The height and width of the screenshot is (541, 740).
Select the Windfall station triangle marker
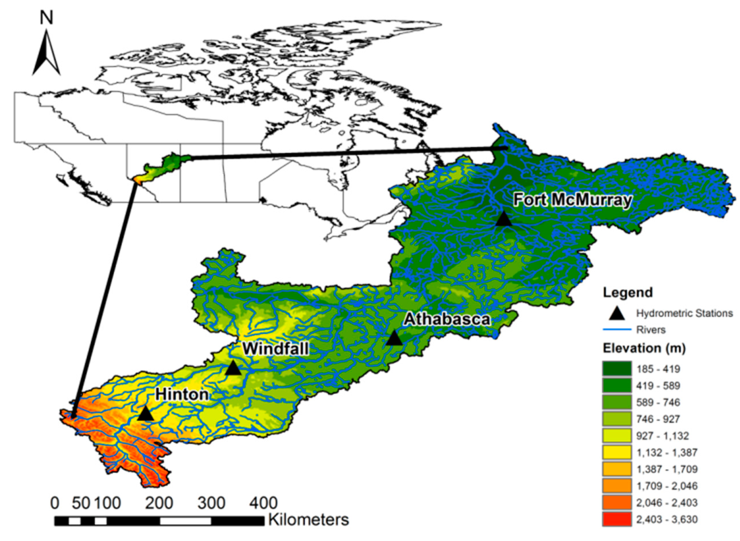pyautogui.click(x=233, y=368)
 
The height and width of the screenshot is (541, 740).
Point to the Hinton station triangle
pyautogui.click(x=145, y=414)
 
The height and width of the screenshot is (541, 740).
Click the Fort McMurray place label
pyautogui.click(x=572, y=200)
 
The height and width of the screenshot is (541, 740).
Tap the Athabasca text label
pyautogui.click(x=446, y=319)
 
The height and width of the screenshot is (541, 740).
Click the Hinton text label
pyautogui.click(x=181, y=394)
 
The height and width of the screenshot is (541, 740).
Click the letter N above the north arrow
pyautogui.click(x=46, y=19)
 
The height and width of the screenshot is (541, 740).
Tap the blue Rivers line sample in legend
pyautogui.click(x=617, y=330)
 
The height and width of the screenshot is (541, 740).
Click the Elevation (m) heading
pyautogui.click(x=644, y=348)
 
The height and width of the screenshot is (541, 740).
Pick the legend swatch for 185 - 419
pyautogui.click(x=617, y=369)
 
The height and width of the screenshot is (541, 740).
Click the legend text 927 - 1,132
pyautogui.click(x=663, y=436)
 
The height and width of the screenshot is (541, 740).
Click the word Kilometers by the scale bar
pyautogui.click(x=308, y=520)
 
